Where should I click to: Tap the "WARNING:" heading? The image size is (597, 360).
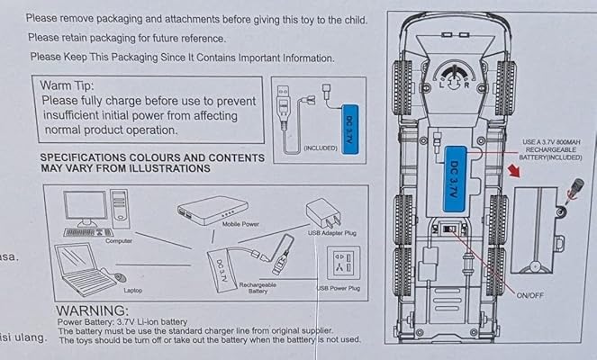coord(93,311)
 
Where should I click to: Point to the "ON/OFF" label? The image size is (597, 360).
coord(529,295)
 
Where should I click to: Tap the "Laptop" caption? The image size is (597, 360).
coord(132,290)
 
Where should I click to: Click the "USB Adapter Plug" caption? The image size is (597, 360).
coord(332,233)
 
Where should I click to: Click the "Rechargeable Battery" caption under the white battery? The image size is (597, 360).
coord(258,287)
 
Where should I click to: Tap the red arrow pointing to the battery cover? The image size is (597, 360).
coord(516,170)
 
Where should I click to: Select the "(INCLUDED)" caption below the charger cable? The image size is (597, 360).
coord(321,147)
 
